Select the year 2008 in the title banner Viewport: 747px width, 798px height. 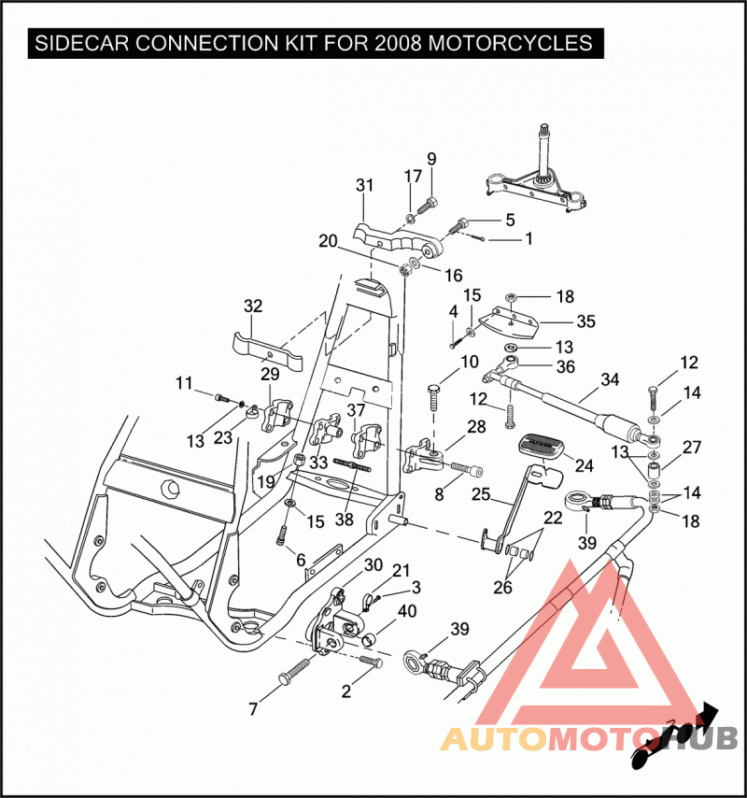(398, 43)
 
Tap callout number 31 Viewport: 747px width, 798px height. (364, 185)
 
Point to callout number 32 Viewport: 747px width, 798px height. (253, 306)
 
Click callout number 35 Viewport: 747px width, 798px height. (585, 321)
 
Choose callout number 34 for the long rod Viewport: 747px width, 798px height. (610, 379)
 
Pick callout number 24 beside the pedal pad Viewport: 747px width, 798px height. (585, 465)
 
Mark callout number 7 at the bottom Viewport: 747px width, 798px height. (253, 709)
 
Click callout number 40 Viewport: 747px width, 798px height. (407, 611)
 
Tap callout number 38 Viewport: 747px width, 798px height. (345, 520)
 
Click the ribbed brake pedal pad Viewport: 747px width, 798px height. (541, 446)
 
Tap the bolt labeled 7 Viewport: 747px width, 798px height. (295, 671)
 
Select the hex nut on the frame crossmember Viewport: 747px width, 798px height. (169, 488)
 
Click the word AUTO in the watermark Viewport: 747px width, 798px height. (492, 738)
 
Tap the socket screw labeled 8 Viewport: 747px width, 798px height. (466, 468)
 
